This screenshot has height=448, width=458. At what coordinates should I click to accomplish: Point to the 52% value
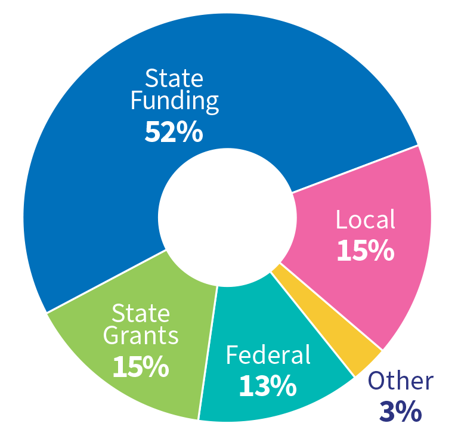click(174, 132)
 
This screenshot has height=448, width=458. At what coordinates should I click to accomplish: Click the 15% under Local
click(365, 251)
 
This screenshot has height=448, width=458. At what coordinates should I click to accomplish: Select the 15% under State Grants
click(140, 367)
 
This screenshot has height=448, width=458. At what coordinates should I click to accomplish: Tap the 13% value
click(268, 386)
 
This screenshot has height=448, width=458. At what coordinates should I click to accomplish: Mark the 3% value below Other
click(400, 412)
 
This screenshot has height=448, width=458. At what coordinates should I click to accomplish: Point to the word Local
click(365, 220)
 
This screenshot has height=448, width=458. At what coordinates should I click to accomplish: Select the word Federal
click(268, 356)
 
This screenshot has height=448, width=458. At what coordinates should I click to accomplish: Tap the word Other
click(400, 381)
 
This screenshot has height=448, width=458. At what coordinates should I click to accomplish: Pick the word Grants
click(141, 336)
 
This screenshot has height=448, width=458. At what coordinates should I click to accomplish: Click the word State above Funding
click(174, 78)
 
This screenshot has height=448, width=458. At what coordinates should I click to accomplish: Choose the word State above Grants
click(141, 313)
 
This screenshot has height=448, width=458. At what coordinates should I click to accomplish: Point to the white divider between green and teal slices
click(207, 352)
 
